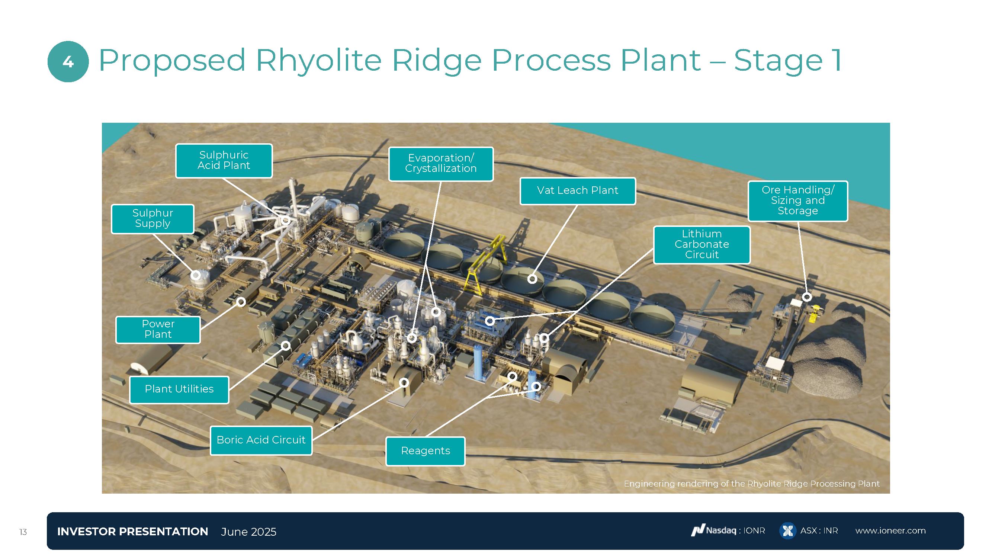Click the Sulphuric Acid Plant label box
tap(224, 161)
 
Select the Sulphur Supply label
tap(153, 219)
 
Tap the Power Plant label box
tap(158, 330)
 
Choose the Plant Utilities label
tap(179, 389)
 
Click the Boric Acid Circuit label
tap(261, 440)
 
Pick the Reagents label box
tap(425, 451)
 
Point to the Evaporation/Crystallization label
tap(440, 164)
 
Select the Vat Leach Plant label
tap(577, 190)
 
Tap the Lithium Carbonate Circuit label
tap(702, 244)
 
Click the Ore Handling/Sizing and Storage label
tap(797, 201)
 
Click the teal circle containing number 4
tap(68, 62)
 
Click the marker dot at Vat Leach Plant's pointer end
tap(532, 279)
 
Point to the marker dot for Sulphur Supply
tap(196, 275)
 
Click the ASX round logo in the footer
tap(787, 531)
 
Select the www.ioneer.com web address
tap(890, 531)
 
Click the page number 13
tap(23, 532)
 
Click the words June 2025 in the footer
tap(249, 532)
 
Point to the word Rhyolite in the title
tap(318, 61)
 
